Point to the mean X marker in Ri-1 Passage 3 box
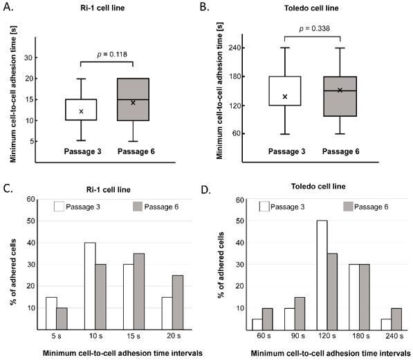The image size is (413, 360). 82,111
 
